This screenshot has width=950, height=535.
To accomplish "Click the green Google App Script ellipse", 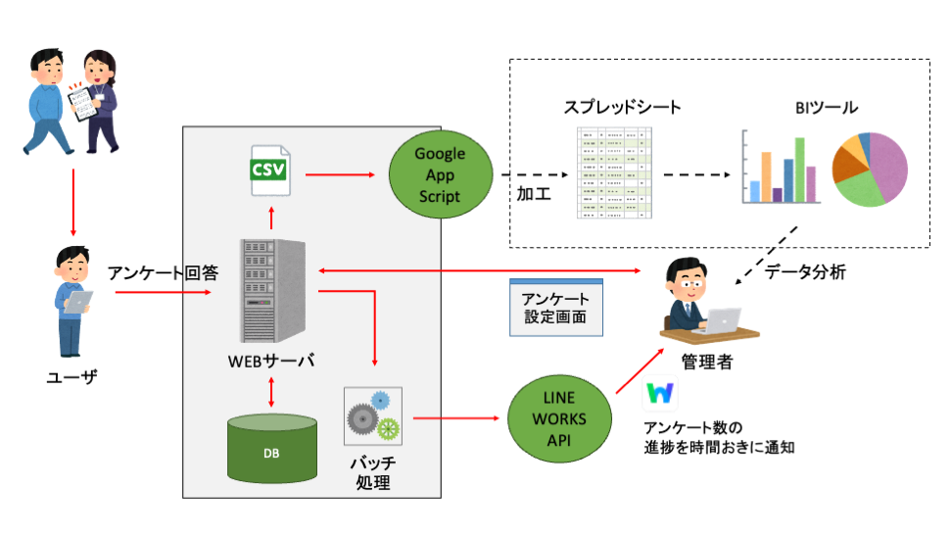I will (440, 175).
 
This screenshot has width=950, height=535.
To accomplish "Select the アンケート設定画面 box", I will (555, 308).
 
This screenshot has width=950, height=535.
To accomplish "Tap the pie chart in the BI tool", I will (870, 169).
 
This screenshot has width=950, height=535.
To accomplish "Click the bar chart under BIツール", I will (780, 169).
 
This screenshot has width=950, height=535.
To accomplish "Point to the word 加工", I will (534, 193).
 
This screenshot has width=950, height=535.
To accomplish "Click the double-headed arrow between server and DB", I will (271, 391).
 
